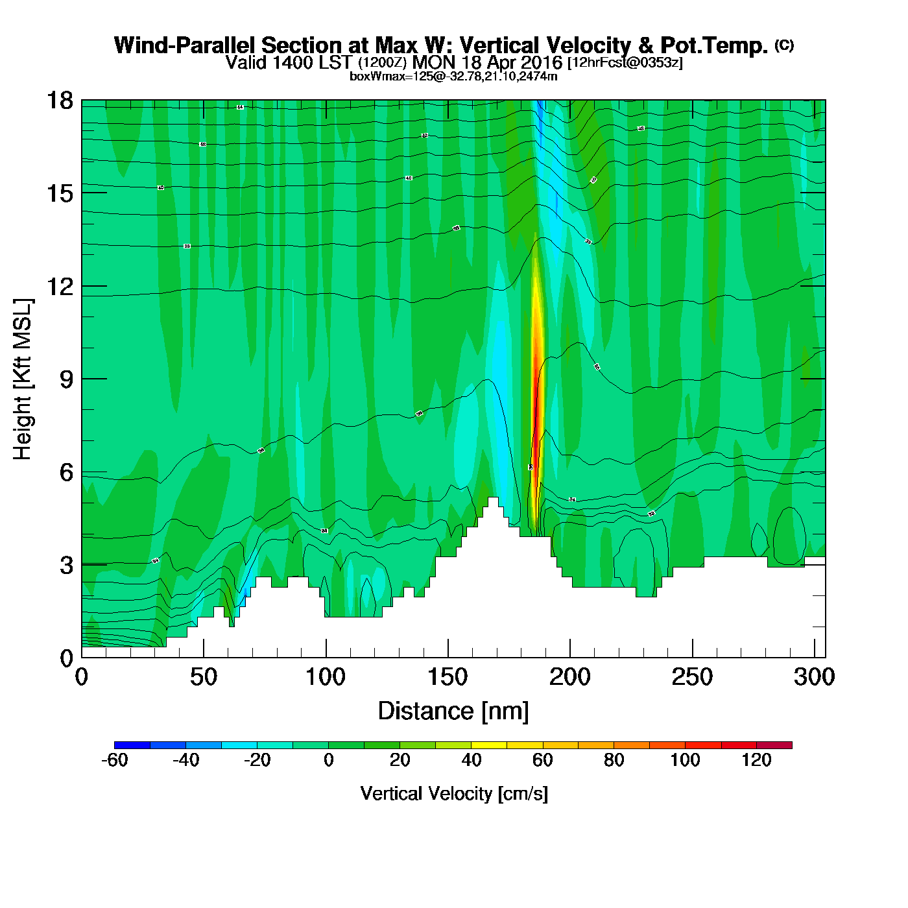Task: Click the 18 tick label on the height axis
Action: [60, 101]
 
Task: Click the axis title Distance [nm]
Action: [453, 711]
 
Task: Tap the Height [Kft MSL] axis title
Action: [23, 379]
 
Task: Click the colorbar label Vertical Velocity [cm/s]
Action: [454, 794]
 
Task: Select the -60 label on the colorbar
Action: [115, 760]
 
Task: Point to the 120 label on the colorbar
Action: [756, 760]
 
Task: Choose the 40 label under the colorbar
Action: [472, 760]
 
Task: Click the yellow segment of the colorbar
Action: [489, 745]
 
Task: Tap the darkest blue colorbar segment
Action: [132, 745]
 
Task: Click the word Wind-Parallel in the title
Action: [185, 45]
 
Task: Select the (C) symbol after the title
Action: [784, 45]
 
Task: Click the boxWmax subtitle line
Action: [453, 77]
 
